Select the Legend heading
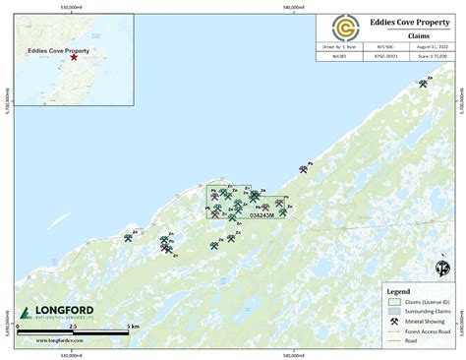[398, 291]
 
